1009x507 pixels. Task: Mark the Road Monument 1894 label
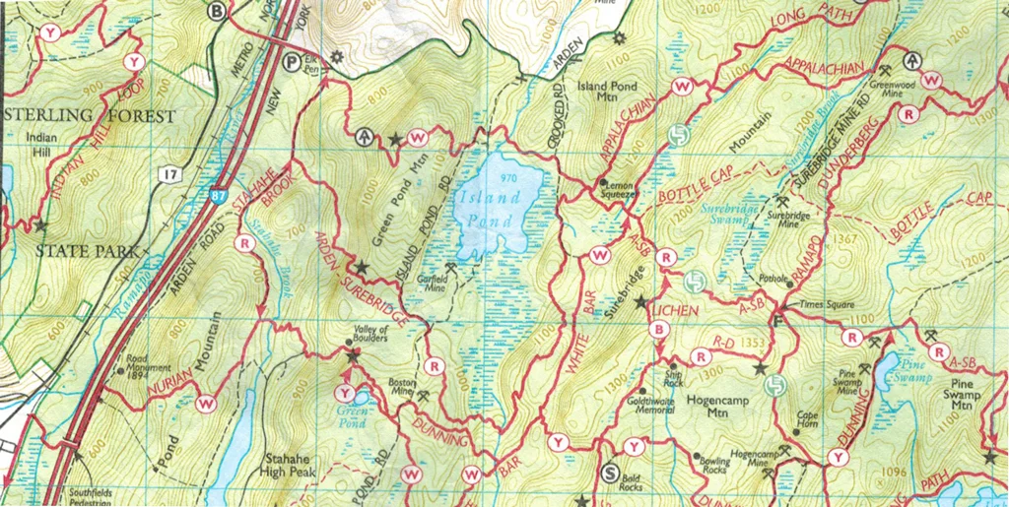[149, 366]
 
